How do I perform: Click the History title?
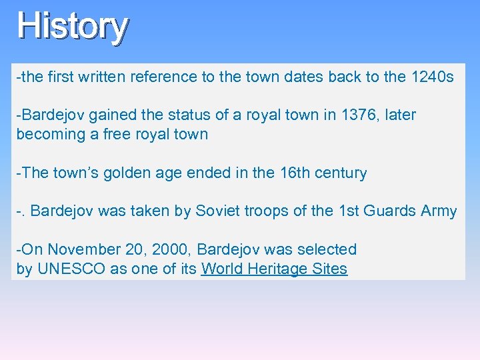72,27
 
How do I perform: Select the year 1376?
359,115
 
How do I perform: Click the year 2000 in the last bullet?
170,250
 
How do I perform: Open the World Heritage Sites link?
274,269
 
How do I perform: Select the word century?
340,173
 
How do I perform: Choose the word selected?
328,250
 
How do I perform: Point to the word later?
400,115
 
